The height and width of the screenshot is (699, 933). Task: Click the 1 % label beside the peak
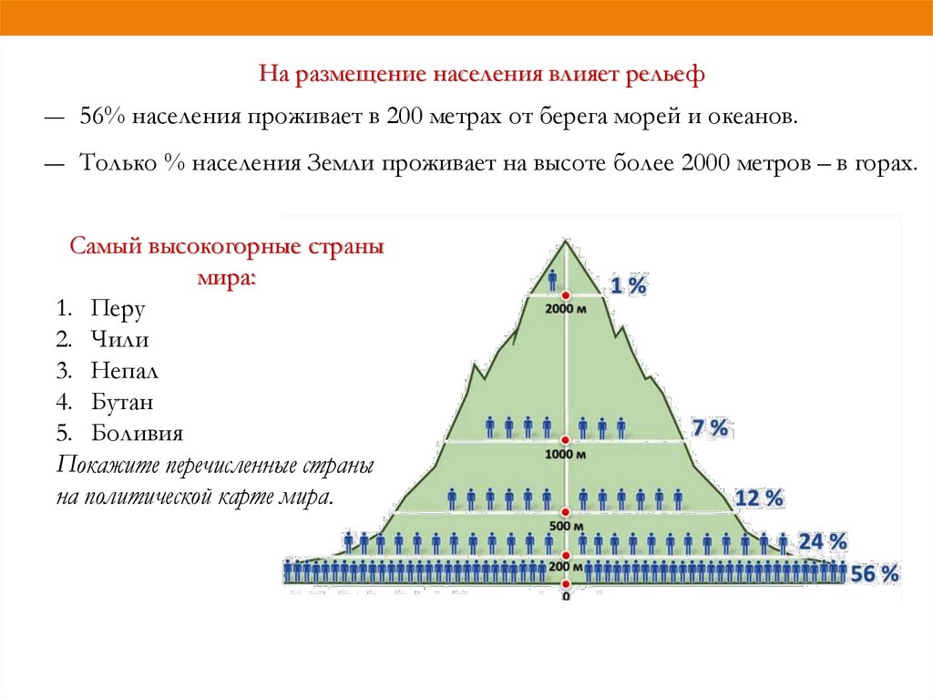tap(628, 286)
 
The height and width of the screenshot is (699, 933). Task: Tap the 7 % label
tap(711, 427)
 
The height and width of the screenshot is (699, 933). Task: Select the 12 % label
tap(759, 499)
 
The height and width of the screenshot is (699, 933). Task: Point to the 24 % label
tap(823, 542)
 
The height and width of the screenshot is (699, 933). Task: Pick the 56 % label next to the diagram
tap(875, 574)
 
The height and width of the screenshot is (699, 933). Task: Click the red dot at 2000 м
tap(566, 296)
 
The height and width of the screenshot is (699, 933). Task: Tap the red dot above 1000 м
tap(566, 441)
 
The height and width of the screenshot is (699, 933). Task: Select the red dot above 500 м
tap(566, 513)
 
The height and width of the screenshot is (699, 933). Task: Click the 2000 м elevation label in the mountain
tap(566, 309)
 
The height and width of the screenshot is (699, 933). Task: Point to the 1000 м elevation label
tap(566, 454)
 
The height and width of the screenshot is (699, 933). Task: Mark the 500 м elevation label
tap(566, 526)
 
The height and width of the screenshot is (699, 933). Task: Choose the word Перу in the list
tap(118, 308)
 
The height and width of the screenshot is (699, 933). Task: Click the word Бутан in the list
tap(122, 402)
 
